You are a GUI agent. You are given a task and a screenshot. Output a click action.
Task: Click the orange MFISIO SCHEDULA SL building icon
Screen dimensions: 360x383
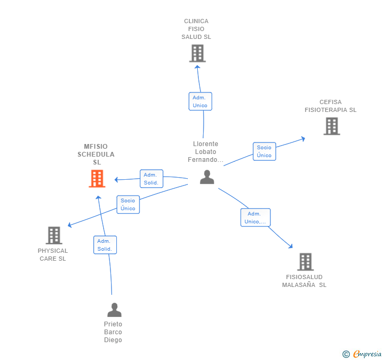pos(97,179)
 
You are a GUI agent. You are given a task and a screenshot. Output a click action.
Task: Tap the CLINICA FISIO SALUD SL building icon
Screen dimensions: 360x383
pos(197,53)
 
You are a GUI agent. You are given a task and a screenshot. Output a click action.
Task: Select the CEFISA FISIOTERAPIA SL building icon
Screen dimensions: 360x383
pos(331,126)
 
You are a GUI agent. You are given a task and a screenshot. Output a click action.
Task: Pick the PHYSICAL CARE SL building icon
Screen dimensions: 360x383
pos(54,235)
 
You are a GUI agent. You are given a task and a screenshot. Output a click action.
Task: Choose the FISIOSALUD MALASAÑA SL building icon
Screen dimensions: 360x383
pos(305,262)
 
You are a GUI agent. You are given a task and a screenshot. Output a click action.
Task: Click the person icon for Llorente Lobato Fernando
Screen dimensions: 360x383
pos(207,177)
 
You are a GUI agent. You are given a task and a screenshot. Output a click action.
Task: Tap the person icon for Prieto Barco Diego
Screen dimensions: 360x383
pos(114,310)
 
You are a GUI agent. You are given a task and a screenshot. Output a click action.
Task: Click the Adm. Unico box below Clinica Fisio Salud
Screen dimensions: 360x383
pos(200,101)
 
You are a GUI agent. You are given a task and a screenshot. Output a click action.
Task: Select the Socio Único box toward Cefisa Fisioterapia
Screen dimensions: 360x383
pos(264,151)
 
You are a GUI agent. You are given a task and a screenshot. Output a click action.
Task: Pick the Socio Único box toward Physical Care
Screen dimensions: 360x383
pos(128,204)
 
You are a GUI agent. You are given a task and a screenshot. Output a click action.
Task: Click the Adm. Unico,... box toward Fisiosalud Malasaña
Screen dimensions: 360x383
pos(255,218)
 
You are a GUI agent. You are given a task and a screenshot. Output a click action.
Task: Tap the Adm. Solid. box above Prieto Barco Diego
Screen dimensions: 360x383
pos(105,245)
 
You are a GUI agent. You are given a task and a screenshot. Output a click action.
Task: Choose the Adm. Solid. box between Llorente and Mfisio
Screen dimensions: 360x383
pos(152,179)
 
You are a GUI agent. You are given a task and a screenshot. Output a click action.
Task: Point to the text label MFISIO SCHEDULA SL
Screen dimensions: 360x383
pos(96,155)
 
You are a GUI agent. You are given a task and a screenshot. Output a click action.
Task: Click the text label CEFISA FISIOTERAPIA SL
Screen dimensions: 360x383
pos(330,106)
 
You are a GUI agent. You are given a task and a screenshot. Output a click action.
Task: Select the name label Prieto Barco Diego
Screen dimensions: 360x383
pos(113,332)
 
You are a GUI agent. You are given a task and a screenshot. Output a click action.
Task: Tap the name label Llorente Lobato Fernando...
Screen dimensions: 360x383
pos(206,152)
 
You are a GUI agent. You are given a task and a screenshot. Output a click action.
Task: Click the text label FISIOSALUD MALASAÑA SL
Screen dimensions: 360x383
pos(304,281)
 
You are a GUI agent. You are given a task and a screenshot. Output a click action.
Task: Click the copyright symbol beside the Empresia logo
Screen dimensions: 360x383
pos(346,355)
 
